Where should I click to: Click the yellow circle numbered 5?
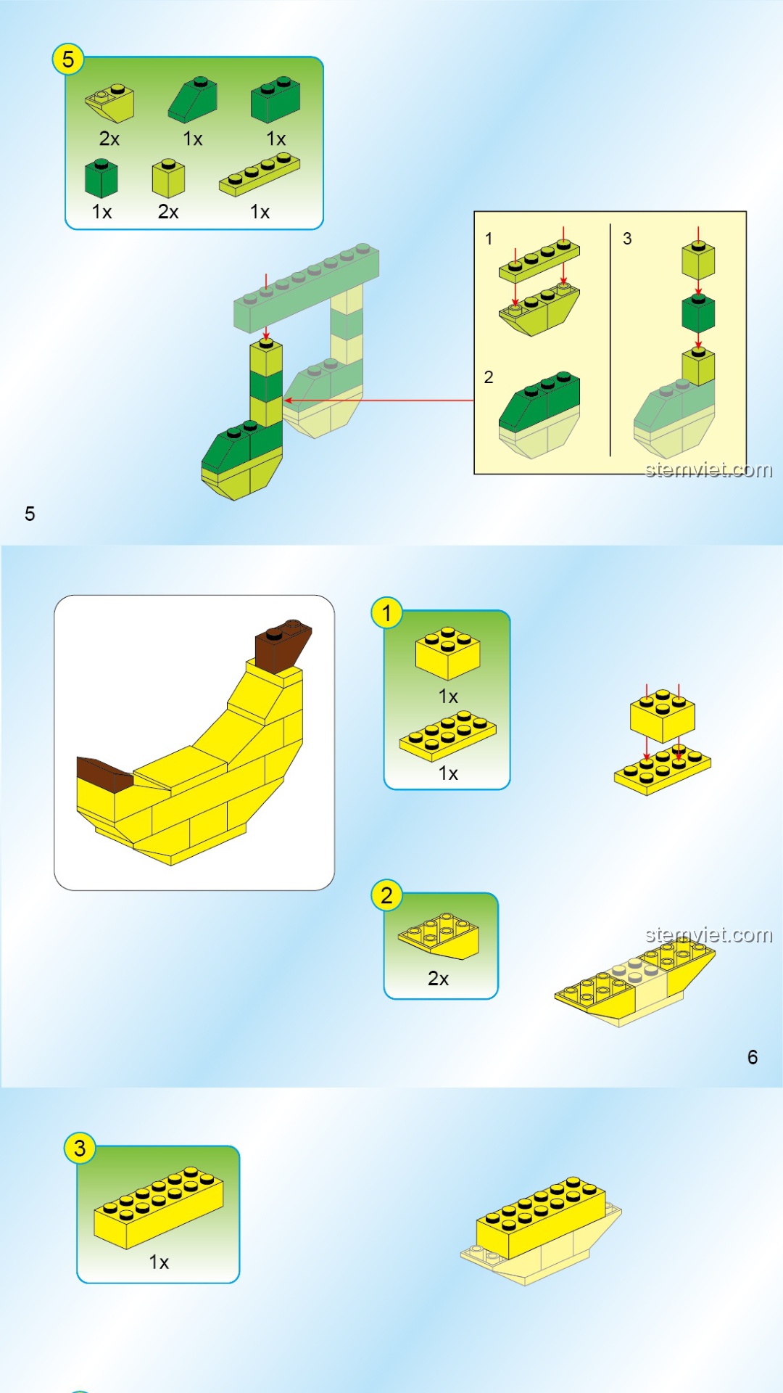tap(68, 59)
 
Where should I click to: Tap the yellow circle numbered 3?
tap(80, 1148)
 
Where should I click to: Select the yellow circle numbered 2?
tap(386, 895)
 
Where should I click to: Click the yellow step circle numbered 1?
tap(386, 613)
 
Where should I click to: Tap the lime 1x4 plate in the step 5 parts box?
tap(260, 175)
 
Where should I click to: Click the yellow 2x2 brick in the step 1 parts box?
tap(447, 653)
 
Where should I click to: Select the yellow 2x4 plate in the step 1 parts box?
tap(448, 736)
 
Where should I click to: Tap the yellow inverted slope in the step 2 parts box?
tap(439, 936)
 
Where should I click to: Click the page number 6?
tap(753, 1057)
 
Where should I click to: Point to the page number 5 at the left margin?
tap(30, 514)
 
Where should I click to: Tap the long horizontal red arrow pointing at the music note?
tap(378, 400)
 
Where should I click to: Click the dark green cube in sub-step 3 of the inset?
tap(698, 313)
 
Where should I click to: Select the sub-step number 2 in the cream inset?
tap(489, 377)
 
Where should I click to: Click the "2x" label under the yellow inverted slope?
tap(439, 979)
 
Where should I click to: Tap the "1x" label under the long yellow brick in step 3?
tap(159, 1262)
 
